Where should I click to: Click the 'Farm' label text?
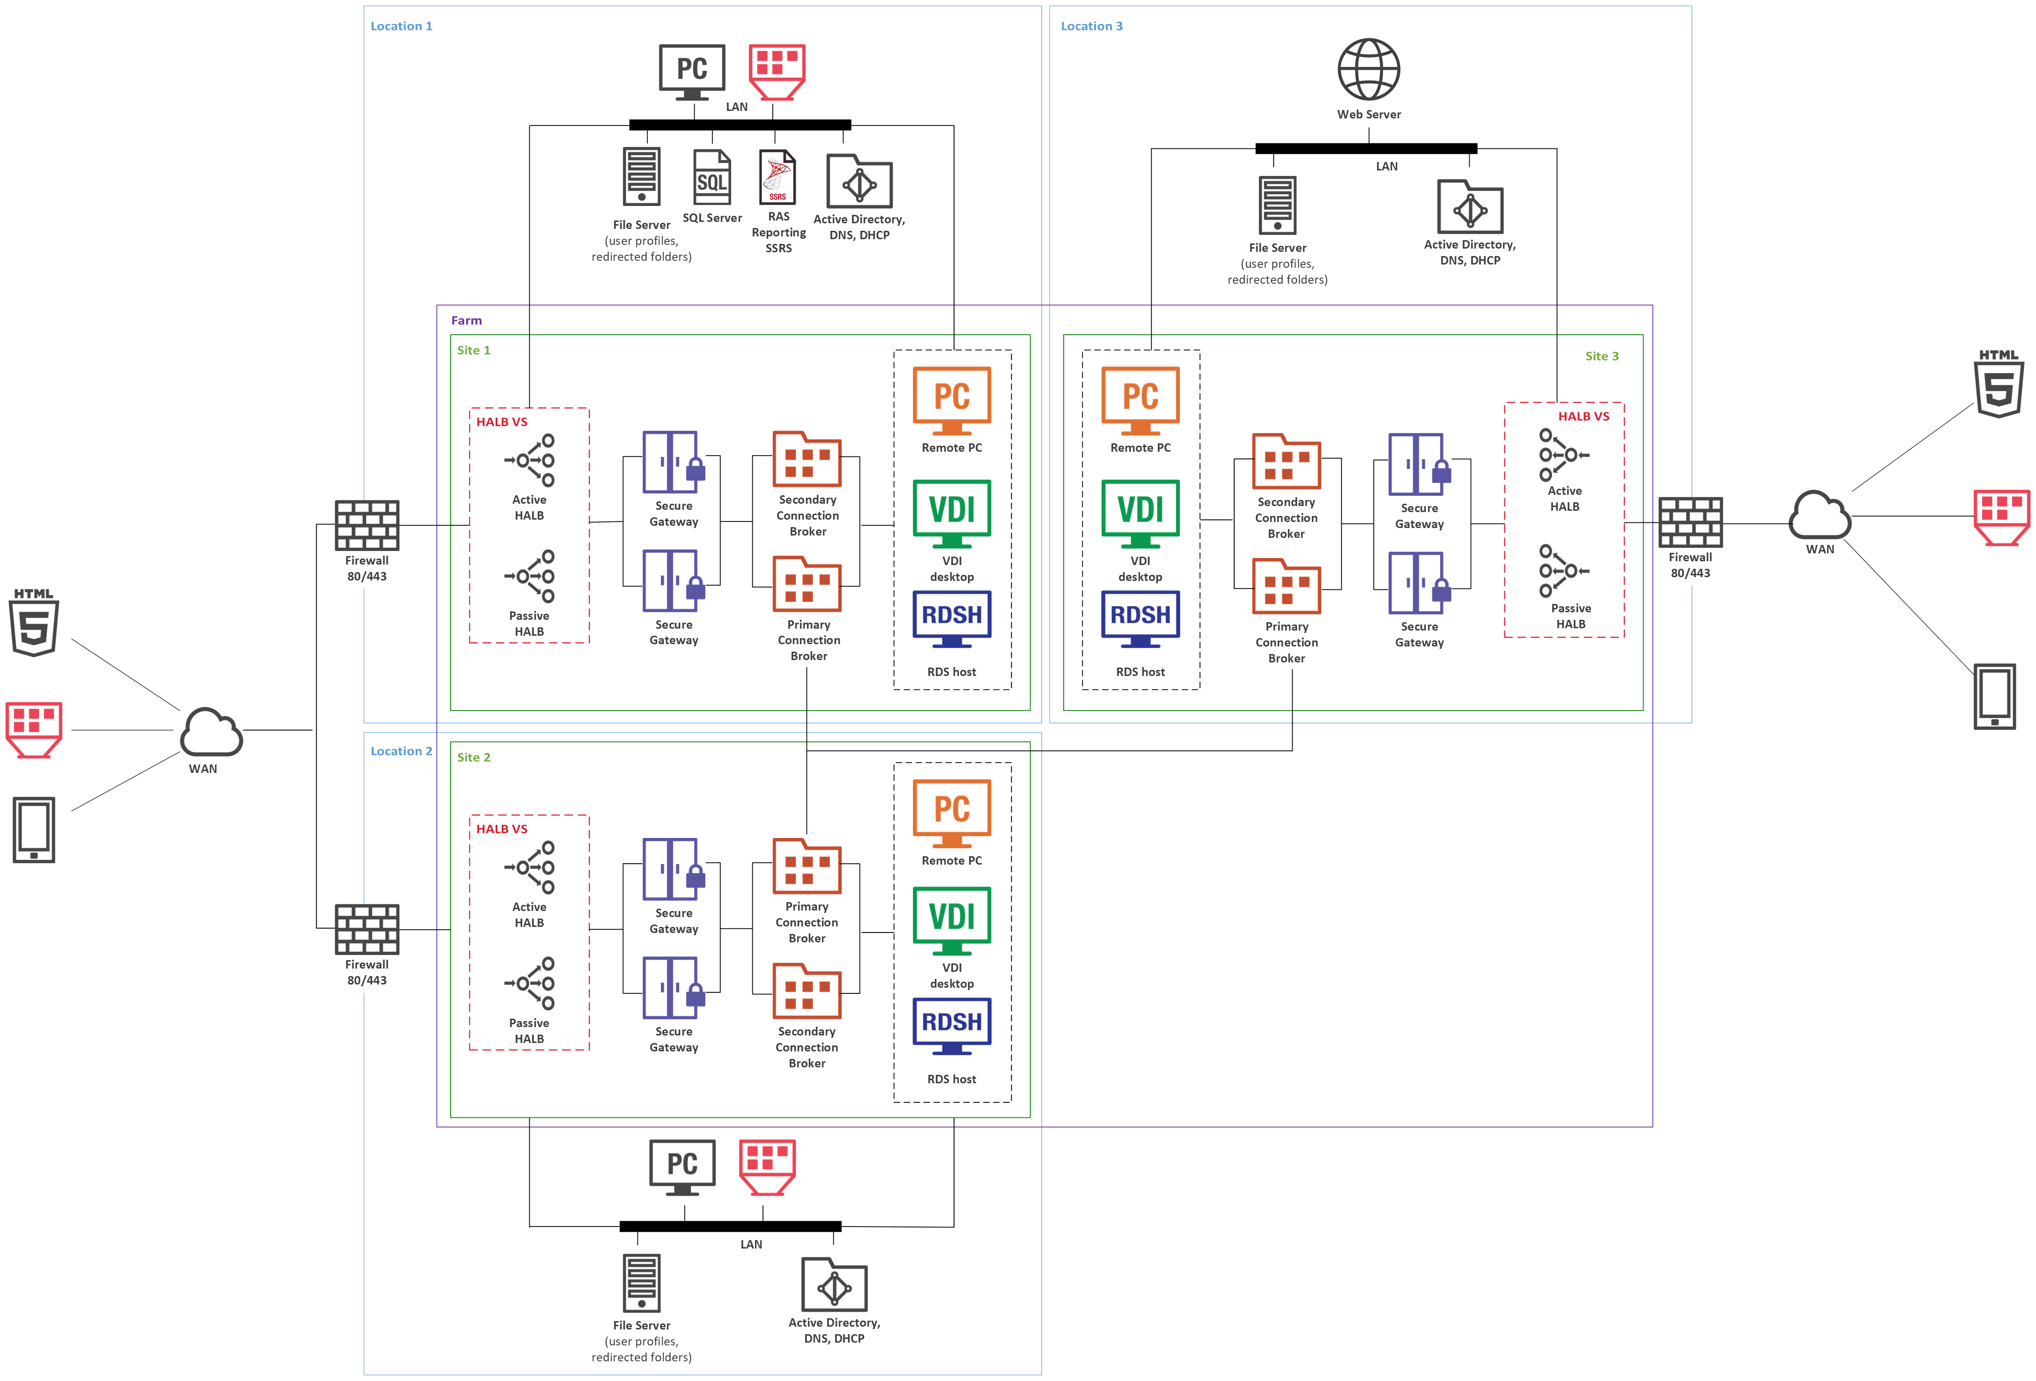point(466,321)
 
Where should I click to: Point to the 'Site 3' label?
point(1601,356)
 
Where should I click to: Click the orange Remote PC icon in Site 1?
point(951,400)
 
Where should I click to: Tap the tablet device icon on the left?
point(34,829)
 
